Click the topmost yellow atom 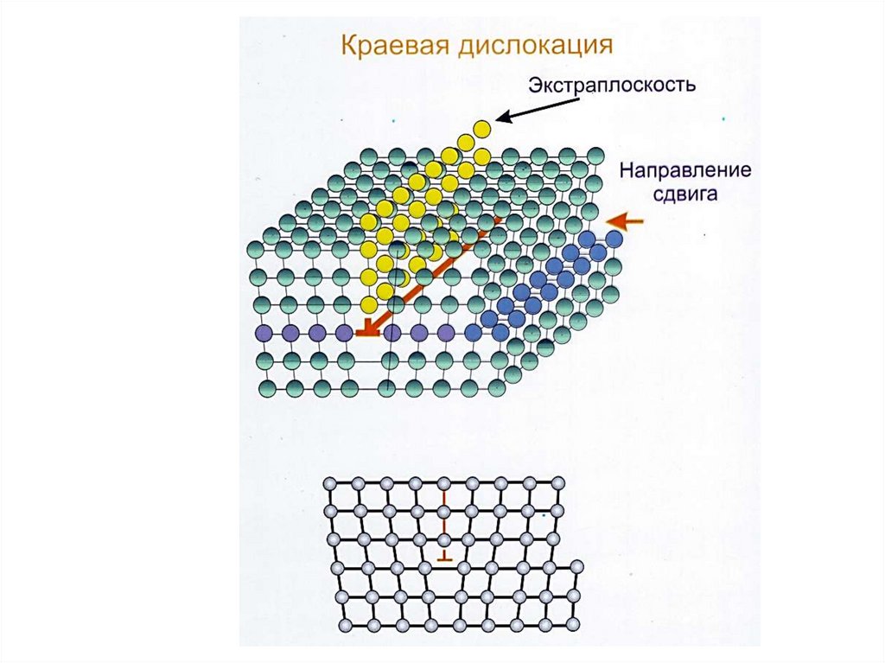coord(482,129)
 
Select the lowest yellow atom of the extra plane coord(369,304)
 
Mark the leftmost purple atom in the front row coord(264,332)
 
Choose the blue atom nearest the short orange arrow coord(614,238)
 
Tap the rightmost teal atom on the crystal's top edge coord(595,155)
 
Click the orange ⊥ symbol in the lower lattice coord(444,558)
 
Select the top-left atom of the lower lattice coord(330,484)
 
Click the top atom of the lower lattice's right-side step coord(577,567)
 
